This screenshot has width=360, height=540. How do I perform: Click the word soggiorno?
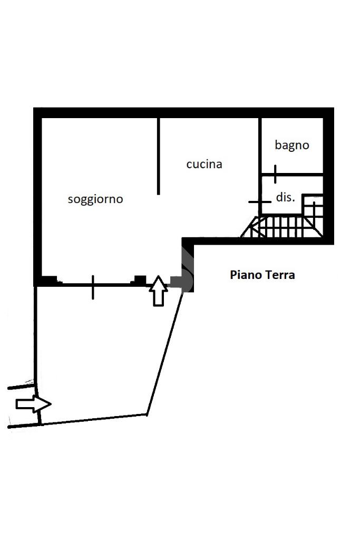coord(95,199)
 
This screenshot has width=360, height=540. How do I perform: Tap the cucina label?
coord(204,165)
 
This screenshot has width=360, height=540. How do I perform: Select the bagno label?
coord(291,145)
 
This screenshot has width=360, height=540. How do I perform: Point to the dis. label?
coord(285,198)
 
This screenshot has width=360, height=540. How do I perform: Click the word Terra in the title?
coord(280,275)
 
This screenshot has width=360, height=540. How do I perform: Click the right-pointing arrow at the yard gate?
coord(33,404)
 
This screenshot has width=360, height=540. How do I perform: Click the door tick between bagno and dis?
coord(275,173)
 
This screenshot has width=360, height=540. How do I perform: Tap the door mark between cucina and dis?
coord(259,201)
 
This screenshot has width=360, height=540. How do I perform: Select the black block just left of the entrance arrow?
coord(140,279)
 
